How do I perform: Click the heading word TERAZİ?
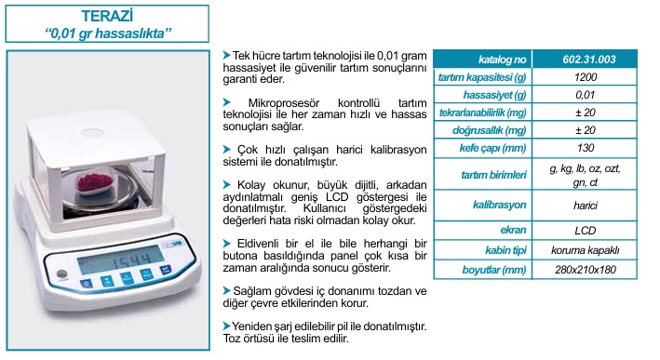coord(107,16)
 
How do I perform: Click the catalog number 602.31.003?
coord(589,60)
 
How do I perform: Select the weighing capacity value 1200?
coord(586,77)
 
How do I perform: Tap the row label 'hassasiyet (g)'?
coord(494,95)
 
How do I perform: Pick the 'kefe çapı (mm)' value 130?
coord(586,148)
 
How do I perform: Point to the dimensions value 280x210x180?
coord(586,270)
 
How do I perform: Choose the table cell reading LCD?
coord(586,231)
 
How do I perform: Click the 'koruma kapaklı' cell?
coord(586,250)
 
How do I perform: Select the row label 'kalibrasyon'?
coord(499,205)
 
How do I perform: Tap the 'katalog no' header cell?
coord(502,60)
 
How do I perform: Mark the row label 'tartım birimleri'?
coord(493,175)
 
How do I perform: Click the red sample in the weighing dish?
coord(95,181)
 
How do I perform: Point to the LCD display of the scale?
coord(121,260)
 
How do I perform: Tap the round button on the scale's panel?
coord(61,273)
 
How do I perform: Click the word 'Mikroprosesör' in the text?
coord(284,103)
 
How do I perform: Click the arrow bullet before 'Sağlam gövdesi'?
coord(227,290)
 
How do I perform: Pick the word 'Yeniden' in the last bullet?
coord(251,326)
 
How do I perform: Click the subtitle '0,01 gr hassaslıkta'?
coord(108,33)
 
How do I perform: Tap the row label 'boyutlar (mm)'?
coord(494,270)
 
